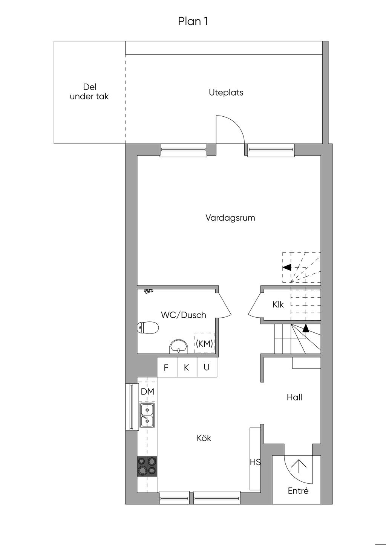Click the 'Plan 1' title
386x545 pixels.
(193, 21)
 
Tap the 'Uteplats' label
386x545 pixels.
(226, 92)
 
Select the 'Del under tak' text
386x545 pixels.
(89, 92)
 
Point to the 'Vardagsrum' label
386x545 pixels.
(230, 218)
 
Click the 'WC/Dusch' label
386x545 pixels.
(183, 315)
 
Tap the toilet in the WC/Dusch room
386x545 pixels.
(148, 327)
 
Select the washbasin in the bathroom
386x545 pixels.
(179, 347)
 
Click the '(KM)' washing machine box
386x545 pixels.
(204, 343)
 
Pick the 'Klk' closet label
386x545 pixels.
(278, 304)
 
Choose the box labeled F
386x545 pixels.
(166, 368)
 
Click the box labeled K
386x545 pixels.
(186, 368)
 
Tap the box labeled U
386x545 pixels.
(207, 368)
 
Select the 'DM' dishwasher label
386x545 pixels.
(147, 391)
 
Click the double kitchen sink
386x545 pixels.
(147, 415)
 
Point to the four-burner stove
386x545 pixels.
(147, 466)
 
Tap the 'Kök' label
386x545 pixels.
(204, 438)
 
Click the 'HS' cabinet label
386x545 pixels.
(255, 462)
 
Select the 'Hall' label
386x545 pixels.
(294, 397)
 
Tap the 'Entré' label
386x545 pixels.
(298, 491)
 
